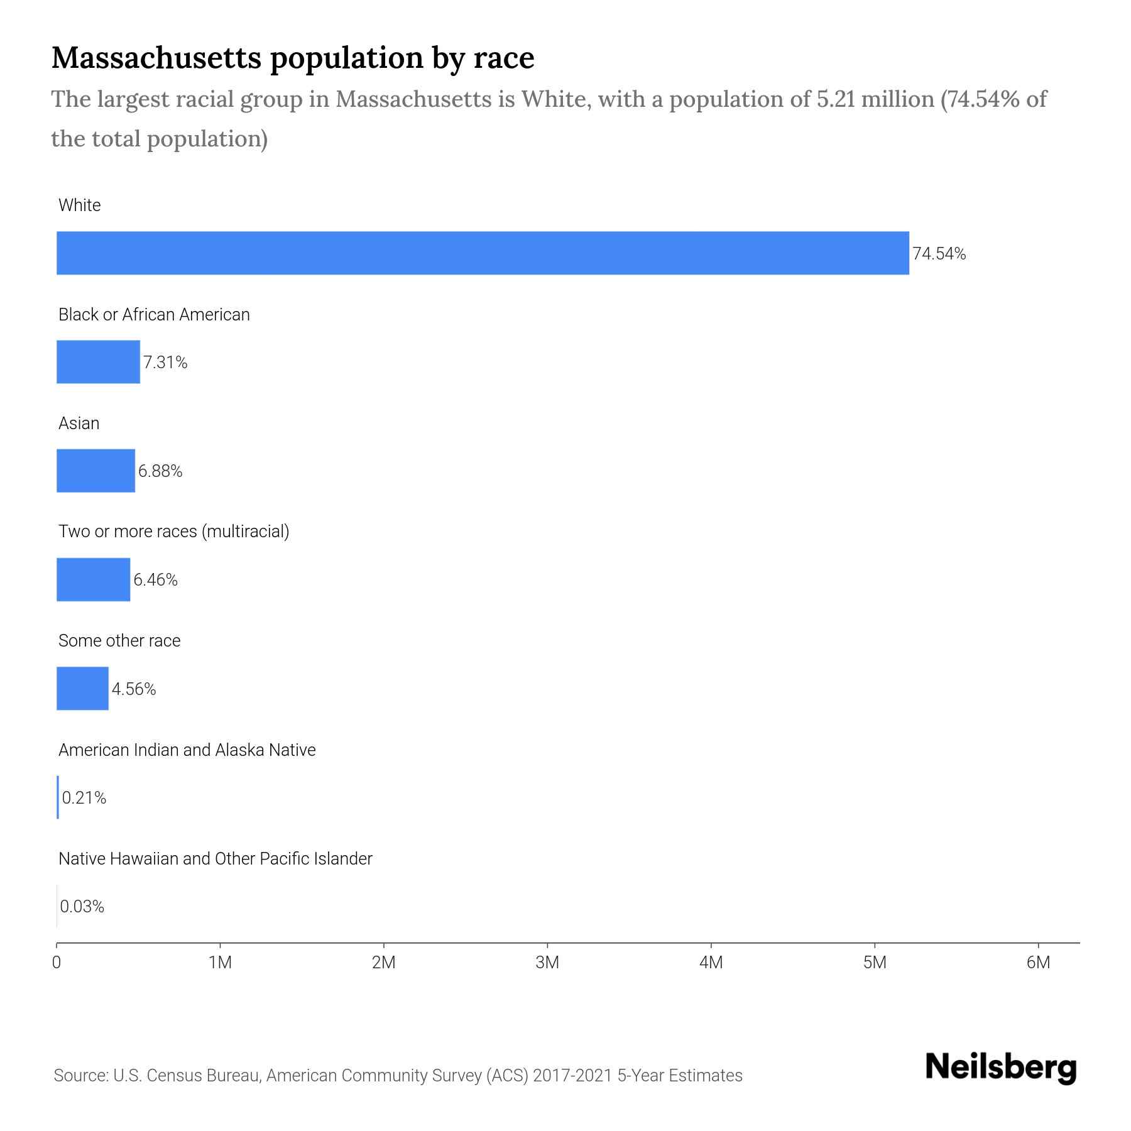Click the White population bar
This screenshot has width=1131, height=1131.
[x=483, y=253]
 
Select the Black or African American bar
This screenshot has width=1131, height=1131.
[x=98, y=362]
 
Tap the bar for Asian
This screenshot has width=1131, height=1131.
[x=96, y=471]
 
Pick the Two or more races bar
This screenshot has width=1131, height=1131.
[x=93, y=579]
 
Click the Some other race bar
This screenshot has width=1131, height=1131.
[x=82, y=689]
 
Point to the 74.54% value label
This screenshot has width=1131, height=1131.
[x=939, y=254]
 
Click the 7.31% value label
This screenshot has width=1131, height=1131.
[x=165, y=363]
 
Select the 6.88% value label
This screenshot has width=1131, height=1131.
[x=160, y=471]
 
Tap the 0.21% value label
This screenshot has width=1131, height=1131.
[x=84, y=798]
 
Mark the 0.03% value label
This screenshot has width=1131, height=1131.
[x=82, y=907]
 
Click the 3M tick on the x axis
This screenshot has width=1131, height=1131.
[x=547, y=963]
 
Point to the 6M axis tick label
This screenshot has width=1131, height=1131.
[x=1038, y=963]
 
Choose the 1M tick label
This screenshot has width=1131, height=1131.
[x=220, y=963]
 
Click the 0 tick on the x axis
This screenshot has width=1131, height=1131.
[x=57, y=963]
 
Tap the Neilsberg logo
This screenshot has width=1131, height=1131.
[x=1001, y=1068]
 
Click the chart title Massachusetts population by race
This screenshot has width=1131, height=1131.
[x=293, y=58]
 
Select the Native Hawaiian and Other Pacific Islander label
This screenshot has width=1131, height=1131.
[x=215, y=859]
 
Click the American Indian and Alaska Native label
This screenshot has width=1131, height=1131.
[x=187, y=750]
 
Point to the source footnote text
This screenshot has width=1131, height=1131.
[x=398, y=1076]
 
